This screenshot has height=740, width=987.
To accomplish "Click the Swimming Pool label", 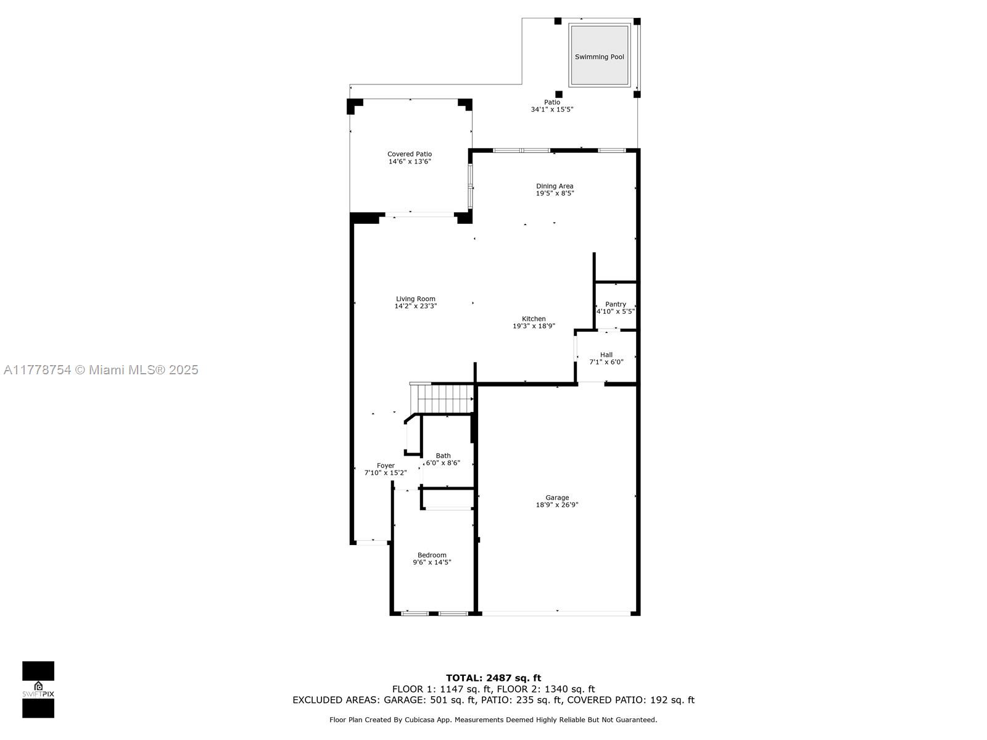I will point(599,57).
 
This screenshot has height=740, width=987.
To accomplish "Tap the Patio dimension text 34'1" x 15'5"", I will point(552,110).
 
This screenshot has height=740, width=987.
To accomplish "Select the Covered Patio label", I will point(410,154).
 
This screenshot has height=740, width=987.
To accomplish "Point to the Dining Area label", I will point(555,186).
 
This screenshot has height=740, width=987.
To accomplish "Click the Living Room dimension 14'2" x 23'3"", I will point(416,306).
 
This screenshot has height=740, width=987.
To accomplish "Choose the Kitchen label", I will point(534,319).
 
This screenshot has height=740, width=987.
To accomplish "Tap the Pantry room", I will point(616,307).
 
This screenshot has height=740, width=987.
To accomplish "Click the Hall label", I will point(606,355).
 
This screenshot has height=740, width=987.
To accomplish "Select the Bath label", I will point(443,456).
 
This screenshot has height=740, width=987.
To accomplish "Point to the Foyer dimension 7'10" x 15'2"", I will point(386,474).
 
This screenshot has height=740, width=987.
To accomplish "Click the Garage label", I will point(557,498).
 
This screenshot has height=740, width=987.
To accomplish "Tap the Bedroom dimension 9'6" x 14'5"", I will point(432,562).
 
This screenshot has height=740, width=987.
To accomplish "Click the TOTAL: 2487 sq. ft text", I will point(493,678).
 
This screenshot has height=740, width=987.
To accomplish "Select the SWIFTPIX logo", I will point(38,689).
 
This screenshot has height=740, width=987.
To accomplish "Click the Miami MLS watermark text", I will point(101,370).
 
